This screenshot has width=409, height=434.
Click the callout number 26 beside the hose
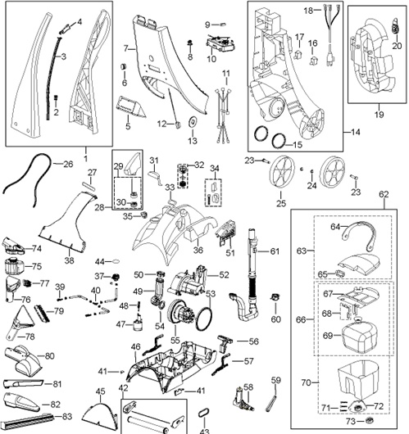point(68,164)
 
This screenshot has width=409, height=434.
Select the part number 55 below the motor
point(175,341)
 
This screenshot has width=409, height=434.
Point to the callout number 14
point(356,133)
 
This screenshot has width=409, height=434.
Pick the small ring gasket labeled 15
point(279,141)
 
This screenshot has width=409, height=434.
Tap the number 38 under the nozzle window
point(70,260)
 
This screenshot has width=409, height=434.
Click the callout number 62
point(384,195)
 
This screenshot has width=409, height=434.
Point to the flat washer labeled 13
point(192,122)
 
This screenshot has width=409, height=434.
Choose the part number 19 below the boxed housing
point(379,115)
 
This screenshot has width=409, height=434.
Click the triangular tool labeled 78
point(20,323)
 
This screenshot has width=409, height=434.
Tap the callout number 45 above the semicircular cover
point(100,391)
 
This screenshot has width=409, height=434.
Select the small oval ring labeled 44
point(116,260)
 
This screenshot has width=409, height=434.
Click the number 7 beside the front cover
point(126,48)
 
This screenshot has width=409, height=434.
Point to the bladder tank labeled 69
point(359,338)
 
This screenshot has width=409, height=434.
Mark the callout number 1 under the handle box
point(86,158)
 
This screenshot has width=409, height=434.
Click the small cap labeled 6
point(123,66)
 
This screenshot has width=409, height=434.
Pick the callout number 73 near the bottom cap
point(351,421)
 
